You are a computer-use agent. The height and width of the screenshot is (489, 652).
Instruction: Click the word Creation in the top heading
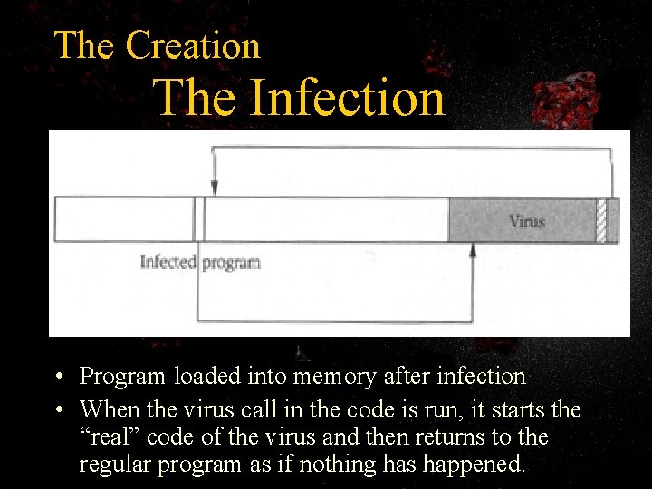pyautogui.click(x=193, y=45)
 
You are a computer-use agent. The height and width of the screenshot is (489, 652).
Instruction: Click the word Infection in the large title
pyautogui.click(x=347, y=98)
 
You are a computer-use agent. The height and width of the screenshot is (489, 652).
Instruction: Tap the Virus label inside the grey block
pyautogui.click(x=526, y=220)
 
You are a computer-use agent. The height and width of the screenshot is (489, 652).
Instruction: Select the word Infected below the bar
pyautogui.click(x=168, y=263)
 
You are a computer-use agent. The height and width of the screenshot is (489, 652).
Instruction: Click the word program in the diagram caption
pyautogui.click(x=231, y=264)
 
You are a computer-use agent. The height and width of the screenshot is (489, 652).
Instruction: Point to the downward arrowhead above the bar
pyautogui.click(x=214, y=187)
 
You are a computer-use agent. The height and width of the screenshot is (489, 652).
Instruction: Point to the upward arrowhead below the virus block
pyautogui.click(x=472, y=250)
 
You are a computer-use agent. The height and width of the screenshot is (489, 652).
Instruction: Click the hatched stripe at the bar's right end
pyautogui.click(x=601, y=220)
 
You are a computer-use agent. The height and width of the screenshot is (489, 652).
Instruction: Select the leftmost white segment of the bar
pyautogui.click(x=124, y=219)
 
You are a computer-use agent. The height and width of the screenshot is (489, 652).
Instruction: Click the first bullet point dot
pyautogui.click(x=57, y=377)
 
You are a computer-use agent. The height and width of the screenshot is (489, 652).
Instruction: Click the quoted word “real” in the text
pyautogui.click(x=110, y=437)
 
